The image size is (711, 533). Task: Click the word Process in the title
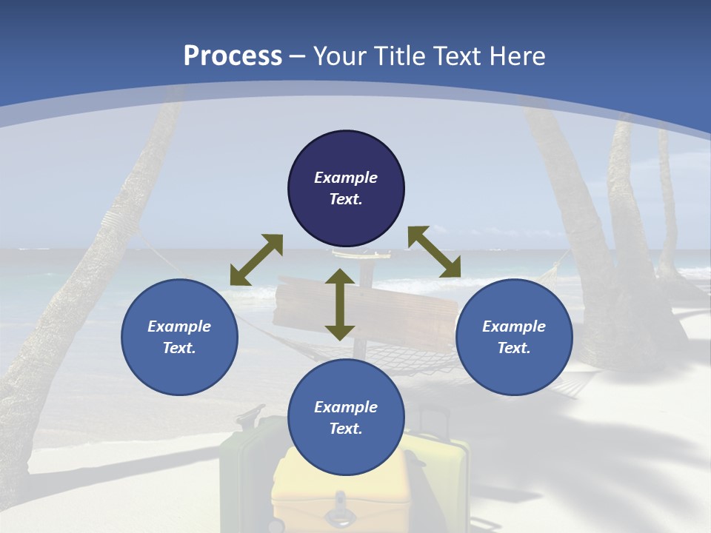coord(233,56)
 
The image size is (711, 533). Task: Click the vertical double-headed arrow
coord(340,304)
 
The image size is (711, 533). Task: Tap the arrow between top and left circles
coord(256,260)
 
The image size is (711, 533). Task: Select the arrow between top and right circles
coord(434,252)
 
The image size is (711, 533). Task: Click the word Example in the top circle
coord(346,178)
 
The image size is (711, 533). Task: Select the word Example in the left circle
coord(179,326)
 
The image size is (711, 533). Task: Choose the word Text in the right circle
coord(514,348)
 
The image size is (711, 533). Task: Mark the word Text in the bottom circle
coord(346,429)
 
